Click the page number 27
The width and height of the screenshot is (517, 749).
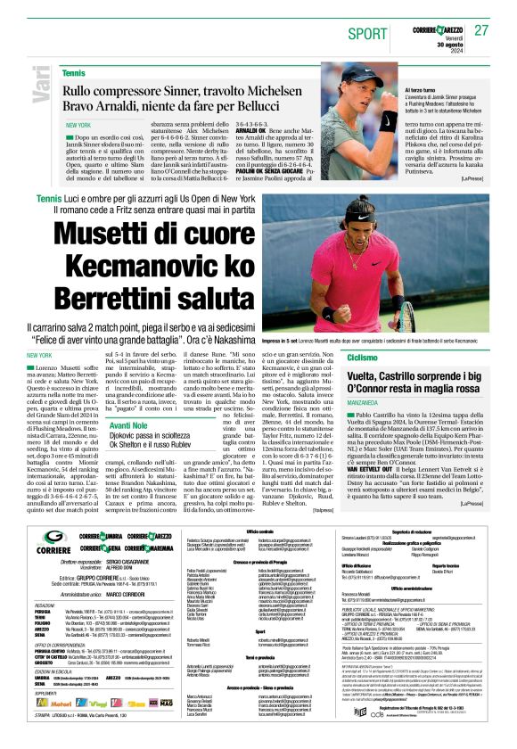[x=481, y=30]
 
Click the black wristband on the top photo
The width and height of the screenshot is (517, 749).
[x=389, y=120]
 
